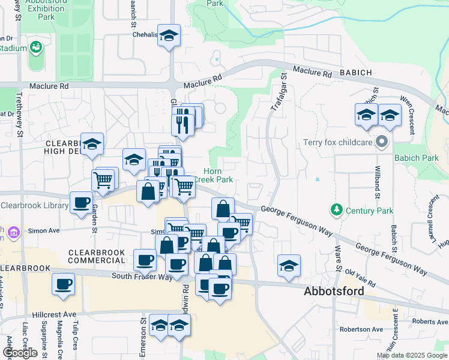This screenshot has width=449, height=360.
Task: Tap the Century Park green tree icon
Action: (x=336, y=210)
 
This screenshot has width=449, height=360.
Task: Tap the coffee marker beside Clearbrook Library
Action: (x=82, y=203)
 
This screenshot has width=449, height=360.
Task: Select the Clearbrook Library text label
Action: (x=34, y=205)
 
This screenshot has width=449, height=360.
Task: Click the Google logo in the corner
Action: (x=20, y=352)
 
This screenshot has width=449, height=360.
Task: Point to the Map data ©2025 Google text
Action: (x=412, y=355)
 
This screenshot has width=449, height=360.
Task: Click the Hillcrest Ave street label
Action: (x=54, y=314)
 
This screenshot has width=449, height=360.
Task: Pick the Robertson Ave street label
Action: (x=361, y=329)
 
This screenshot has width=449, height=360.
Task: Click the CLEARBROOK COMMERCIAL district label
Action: (x=96, y=256)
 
